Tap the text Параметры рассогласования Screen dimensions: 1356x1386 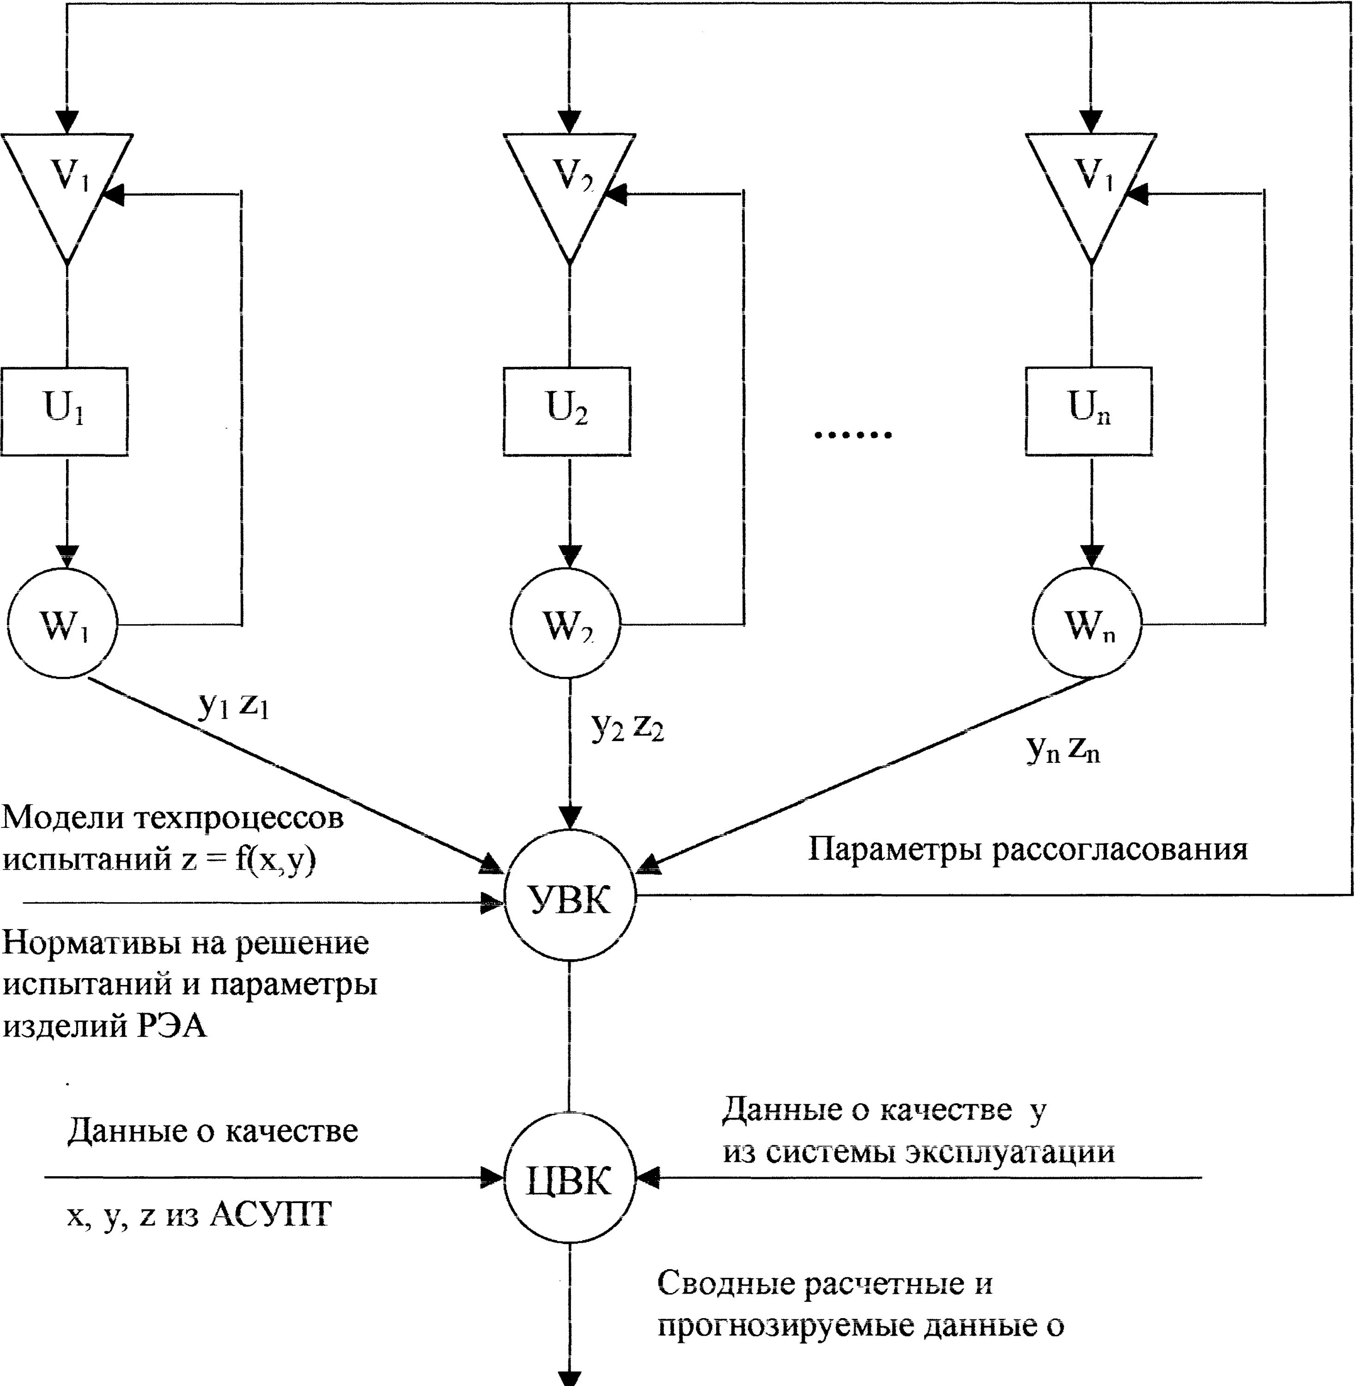coord(1028,849)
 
